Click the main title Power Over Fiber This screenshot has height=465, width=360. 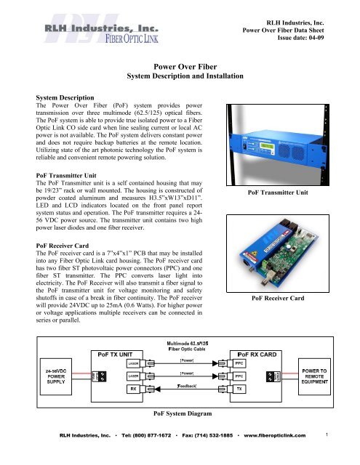[x=180, y=65]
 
